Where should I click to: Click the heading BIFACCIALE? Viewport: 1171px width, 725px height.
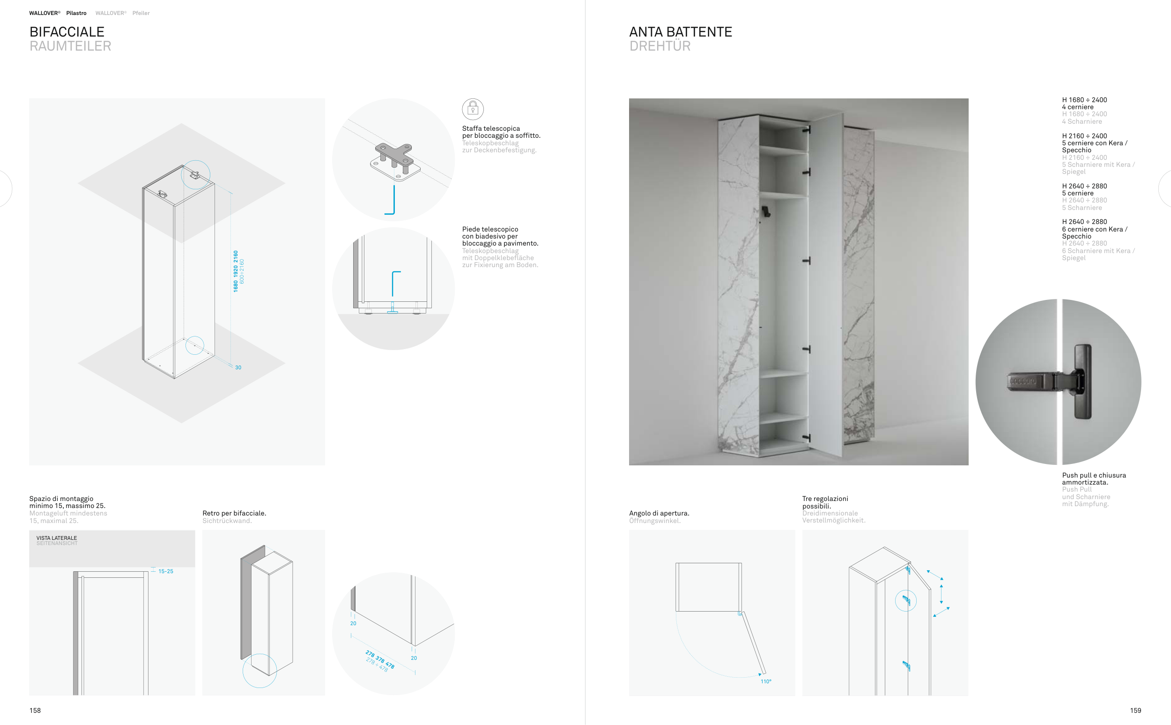click(x=67, y=32)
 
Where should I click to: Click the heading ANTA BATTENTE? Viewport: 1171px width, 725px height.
click(x=680, y=32)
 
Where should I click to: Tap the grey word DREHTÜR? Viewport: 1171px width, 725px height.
click(x=660, y=46)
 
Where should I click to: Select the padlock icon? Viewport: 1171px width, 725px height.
click(x=473, y=109)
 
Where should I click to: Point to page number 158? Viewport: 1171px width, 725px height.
click(x=35, y=710)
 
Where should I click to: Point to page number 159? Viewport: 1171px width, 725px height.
click(x=1135, y=710)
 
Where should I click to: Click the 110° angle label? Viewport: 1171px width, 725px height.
click(x=766, y=681)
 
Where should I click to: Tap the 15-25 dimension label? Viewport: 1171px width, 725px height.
click(x=165, y=571)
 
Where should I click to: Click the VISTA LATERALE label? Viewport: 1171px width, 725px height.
click(x=57, y=538)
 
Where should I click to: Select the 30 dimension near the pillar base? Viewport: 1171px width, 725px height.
click(x=238, y=367)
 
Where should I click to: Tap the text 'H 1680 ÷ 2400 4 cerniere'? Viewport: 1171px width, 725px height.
click(x=1084, y=103)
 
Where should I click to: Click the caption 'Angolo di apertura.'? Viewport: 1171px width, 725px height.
click(x=659, y=513)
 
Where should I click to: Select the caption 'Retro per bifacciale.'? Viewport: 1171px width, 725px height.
click(x=234, y=513)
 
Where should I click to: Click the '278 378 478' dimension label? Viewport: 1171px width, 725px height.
click(x=380, y=659)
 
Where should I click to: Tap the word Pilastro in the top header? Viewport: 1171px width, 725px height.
click(x=76, y=13)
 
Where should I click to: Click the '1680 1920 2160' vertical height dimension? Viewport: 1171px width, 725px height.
click(x=235, y=271)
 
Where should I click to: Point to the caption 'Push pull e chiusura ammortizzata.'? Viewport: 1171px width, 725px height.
click(x=1093, y=478)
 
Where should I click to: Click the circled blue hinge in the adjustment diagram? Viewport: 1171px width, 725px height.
click(x=905, y=600)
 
